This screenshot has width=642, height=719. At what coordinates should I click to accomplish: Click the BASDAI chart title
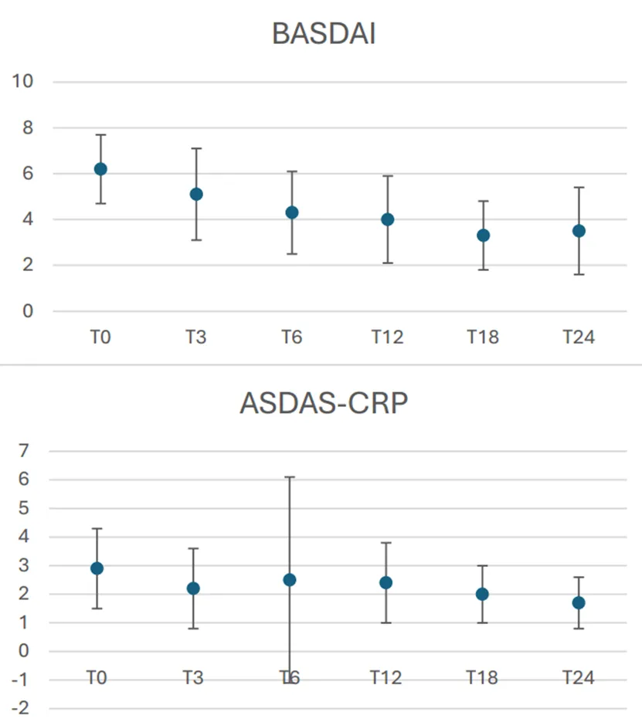[324, 34]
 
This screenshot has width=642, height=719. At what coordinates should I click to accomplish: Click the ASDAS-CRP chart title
[324, 403]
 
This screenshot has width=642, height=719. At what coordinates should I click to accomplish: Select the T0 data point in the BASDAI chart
[100, 169]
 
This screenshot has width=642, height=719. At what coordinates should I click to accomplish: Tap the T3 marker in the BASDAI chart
[196, 194]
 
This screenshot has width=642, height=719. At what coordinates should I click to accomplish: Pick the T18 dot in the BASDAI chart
[483, 236]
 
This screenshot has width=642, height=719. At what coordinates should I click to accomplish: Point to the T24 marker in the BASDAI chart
[579, 231]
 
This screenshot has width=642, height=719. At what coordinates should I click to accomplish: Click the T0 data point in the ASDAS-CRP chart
[97, 568]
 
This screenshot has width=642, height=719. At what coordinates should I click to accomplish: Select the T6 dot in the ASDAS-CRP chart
[290, 580]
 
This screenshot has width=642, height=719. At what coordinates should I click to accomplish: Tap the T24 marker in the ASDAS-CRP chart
[579, 603]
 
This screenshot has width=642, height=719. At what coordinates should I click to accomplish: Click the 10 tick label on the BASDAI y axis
[22, 82]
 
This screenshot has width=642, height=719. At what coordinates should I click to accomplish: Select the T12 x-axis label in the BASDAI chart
[387, 338]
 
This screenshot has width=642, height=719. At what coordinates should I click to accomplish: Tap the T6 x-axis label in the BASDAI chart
[291, 338]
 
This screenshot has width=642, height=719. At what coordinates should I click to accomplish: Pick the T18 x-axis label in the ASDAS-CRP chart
[482, 678]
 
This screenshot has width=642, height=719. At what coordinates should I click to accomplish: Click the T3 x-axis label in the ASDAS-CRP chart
[193, 678]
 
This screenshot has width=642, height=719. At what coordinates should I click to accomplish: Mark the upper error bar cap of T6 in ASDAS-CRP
[290, 477]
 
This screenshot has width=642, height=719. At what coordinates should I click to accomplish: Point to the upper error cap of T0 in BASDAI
[100, 134]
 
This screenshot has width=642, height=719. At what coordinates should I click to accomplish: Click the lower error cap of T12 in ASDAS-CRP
[387, 622]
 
